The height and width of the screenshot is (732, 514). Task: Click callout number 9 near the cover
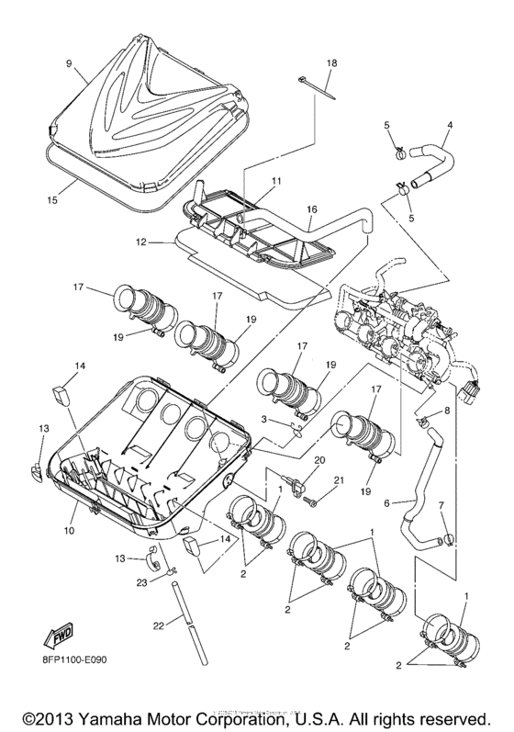(x=68, y=64)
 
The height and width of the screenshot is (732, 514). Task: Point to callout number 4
(x=450, y=125)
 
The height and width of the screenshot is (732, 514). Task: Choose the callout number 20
(x=320, y=459)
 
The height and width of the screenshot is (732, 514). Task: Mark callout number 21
(x=339, y=479)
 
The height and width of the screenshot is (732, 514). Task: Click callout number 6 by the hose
(x=387, y=502)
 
